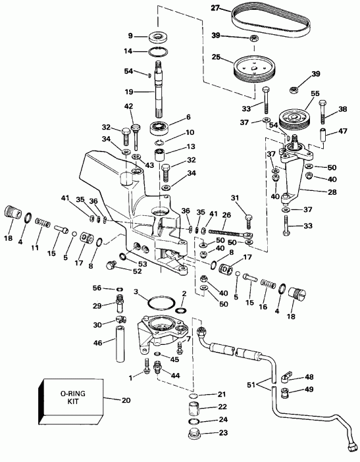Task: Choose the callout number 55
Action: click(315, 95)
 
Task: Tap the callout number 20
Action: click(126, 399)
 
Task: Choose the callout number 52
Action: click(136, 270)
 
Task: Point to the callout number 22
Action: click(222, 407)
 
